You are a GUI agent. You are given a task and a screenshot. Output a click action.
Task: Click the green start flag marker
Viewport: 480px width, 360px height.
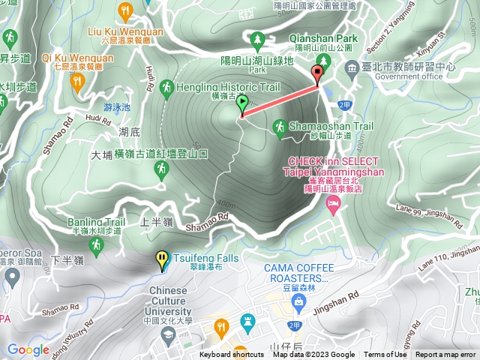tap(241, 105)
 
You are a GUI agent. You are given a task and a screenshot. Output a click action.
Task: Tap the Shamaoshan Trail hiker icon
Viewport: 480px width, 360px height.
tap(279, 127)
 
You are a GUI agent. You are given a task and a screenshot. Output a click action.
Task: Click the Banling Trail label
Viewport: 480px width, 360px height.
tap(96, 222)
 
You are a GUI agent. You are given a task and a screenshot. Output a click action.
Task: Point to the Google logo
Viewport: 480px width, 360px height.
tap(28, 349)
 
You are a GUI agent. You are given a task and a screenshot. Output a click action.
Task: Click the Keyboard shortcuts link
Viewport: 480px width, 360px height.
tap(232, 355)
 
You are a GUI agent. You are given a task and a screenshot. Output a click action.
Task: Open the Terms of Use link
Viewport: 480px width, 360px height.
tap(385, 355)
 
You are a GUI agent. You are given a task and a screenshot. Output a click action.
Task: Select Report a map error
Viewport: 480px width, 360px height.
tap(445, 355)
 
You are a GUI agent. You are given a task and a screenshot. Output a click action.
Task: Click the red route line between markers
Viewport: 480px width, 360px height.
tap(279, 96)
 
